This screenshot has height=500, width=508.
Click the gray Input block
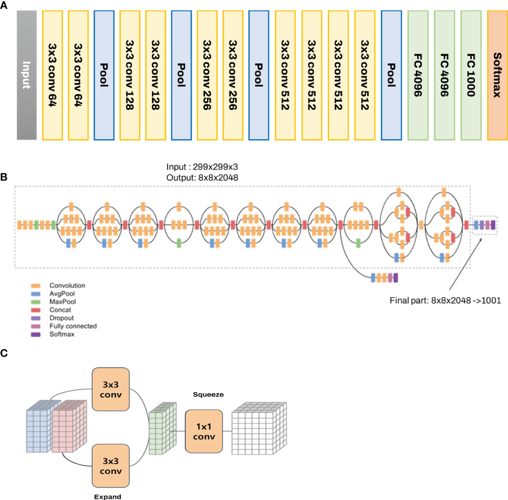pyautogui.click(x=27, y=75)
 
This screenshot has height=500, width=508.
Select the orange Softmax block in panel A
pyautogui.click(x=497, y=75)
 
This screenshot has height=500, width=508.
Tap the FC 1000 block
pyautogui.click(x=471, y=75)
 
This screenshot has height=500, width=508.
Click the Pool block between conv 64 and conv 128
pyautogui.click(x=104, y=75)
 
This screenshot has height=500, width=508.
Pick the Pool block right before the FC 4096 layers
pyautogui.click(x=391, y=75)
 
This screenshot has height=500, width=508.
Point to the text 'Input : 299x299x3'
pyautogui.click(x=202, y=167)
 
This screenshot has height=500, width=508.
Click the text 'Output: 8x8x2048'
pyautogui.click(x=202, y=178)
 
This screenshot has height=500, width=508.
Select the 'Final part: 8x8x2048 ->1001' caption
pyautogui.click(x=445, y=301)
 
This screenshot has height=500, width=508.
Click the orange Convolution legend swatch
pyautogui.click(x=36, y=286)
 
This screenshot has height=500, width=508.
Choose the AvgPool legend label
pyautogui.click(x=62, y=294)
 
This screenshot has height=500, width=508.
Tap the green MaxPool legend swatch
pyautogui.click(x=36, y=302)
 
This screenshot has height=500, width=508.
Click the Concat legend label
pyautogui.click(x=60, y=310)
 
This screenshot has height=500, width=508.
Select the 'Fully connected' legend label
pyautogui.click(x=73, y=326)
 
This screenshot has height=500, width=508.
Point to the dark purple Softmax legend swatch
pyautogui.click(x=36, y=334)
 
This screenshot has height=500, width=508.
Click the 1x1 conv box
pyautogui.click(x=204, y=432)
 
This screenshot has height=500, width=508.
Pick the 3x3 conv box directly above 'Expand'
pyautogui.click(x=111, y=466)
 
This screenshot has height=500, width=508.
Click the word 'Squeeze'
pyautogui.click(x=208, y=395)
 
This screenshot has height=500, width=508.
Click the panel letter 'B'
pyautogui.click(x=4, y=177)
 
